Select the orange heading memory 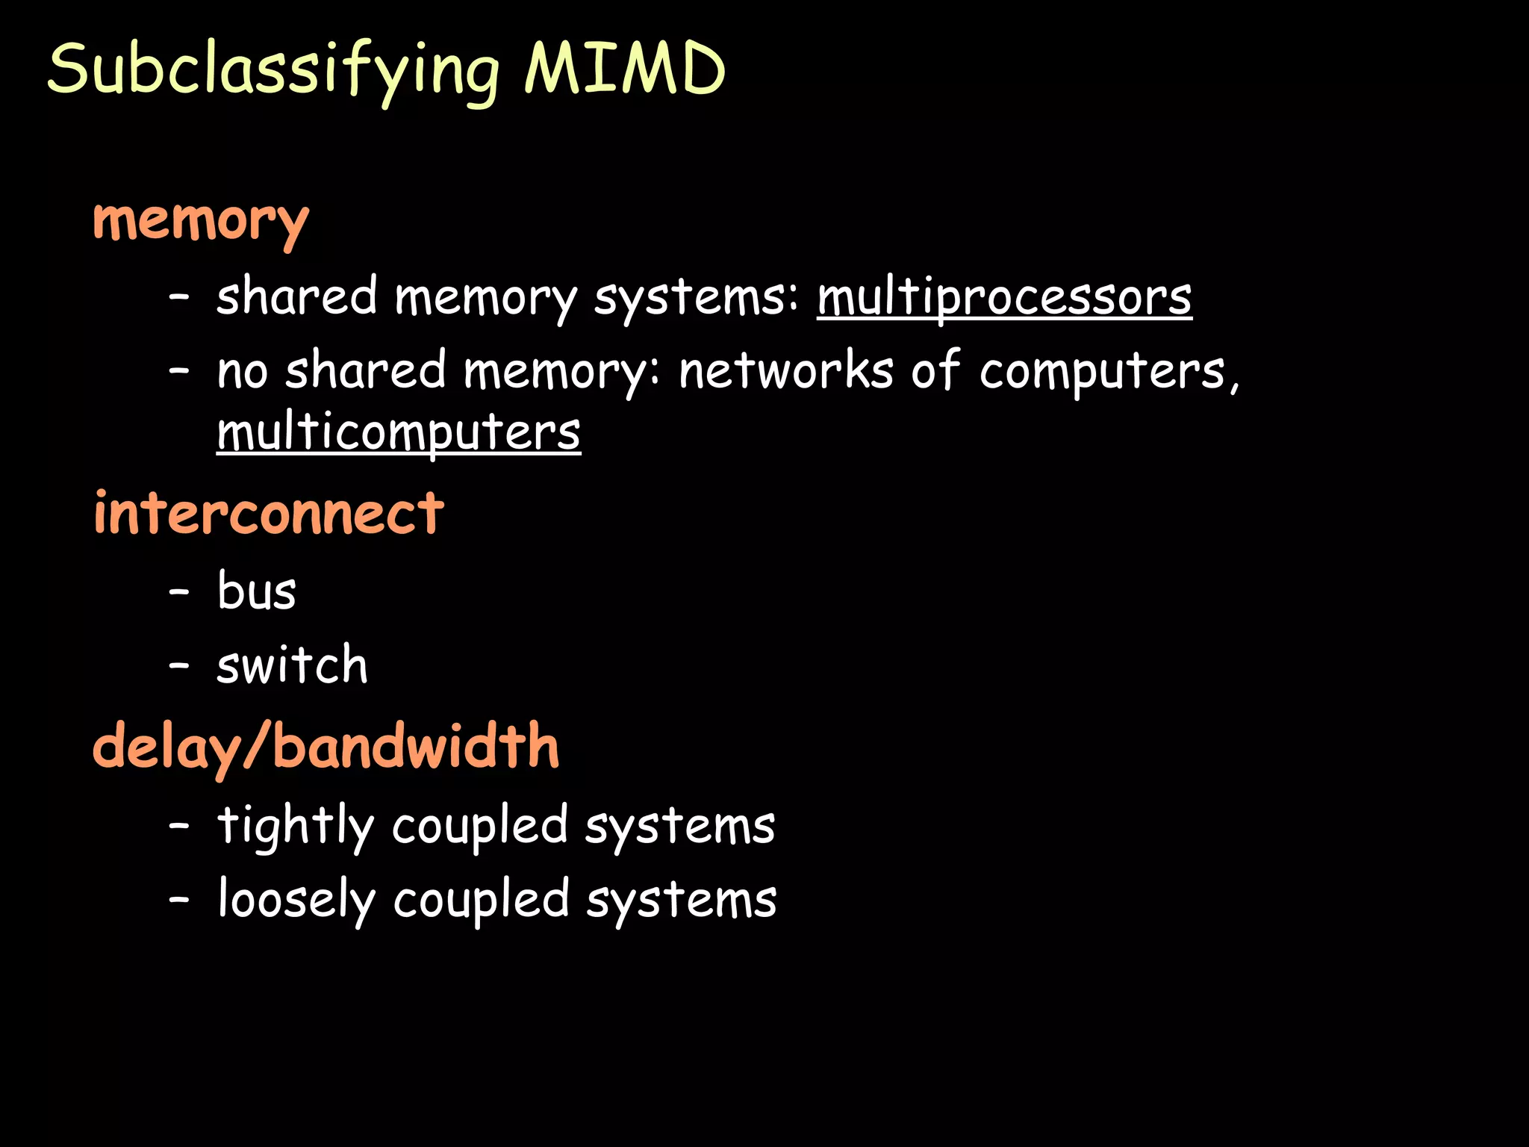click(200, 222)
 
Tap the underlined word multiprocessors click(1004, 297)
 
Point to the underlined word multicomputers click(399, 432)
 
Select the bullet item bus click(256, 591)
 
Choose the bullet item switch click(292, 665)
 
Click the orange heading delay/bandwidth click(326, 747)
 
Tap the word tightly click(295, 826)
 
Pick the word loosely click(296, 900)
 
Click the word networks click(785, 371)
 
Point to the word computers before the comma click(1102, 371)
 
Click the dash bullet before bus click(179, 592)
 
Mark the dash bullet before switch click(179, 665)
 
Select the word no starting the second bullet click(242, 371)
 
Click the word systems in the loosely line click(681, 900)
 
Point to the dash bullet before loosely click(179, 900)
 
